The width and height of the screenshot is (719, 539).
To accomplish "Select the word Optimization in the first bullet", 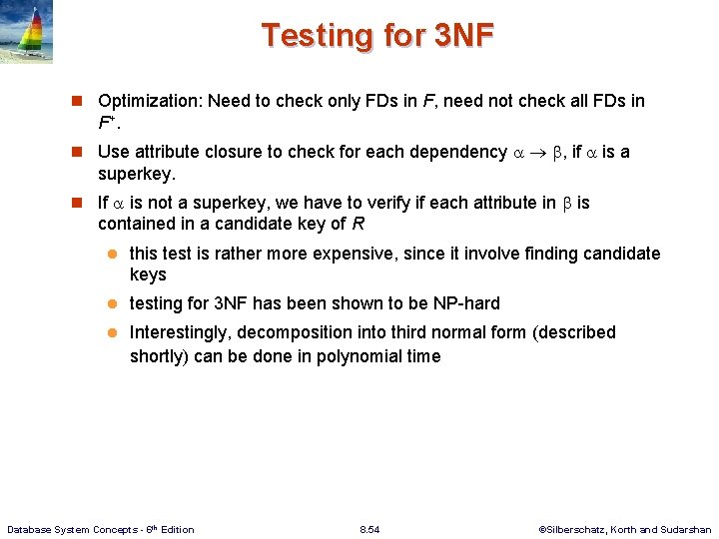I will [x=148, y=101].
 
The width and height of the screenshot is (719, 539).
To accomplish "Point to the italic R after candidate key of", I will [x=359, y=224].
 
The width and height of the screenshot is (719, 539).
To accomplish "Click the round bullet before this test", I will [x=114, y=255].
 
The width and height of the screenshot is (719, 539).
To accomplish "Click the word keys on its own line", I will [x=148, y=274].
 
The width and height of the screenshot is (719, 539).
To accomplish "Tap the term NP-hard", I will [x=465, y=303].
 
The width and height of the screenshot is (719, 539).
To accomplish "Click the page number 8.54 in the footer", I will [x=369, y=529].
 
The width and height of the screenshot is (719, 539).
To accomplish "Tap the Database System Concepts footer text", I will [x=101, y=529].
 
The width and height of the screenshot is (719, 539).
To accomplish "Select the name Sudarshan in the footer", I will [x=686, y=529].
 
